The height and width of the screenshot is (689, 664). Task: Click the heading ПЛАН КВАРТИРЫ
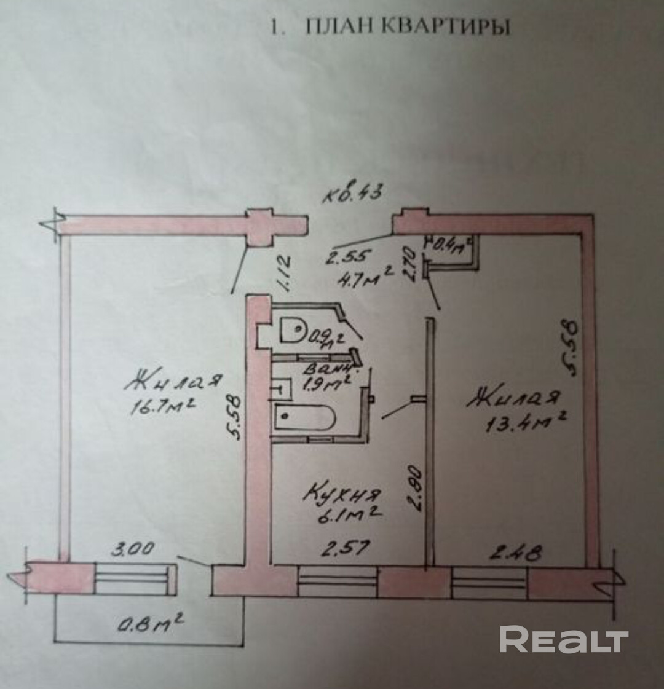[390, 28]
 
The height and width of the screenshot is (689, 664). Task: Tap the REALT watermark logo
[563, 640]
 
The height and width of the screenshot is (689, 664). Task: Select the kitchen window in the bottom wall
[338, 581]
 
